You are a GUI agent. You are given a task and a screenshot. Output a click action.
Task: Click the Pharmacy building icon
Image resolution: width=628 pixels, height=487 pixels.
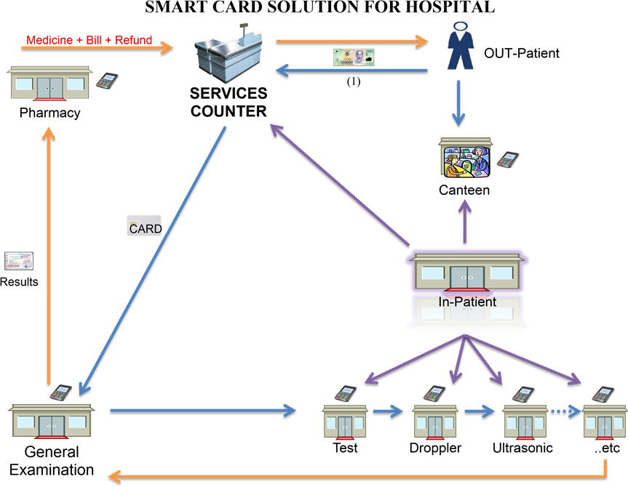coord(47,84)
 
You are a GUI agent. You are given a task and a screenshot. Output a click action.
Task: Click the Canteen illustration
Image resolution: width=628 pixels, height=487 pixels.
coord(465,158)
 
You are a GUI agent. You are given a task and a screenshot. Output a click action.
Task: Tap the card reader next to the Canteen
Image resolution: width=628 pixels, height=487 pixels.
coord(507,159)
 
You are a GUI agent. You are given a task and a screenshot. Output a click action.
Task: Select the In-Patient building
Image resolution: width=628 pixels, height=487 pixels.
coord(466,272)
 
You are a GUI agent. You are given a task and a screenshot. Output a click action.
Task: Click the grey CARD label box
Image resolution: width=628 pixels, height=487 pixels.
coord(144,226)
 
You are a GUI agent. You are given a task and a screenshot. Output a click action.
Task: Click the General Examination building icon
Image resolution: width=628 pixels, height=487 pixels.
coord(50,421)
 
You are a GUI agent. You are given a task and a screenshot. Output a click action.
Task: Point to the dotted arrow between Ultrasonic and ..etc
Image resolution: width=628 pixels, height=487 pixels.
coord(566,411)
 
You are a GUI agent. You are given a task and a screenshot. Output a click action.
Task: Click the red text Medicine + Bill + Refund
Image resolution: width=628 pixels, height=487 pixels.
coord(89,39)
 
